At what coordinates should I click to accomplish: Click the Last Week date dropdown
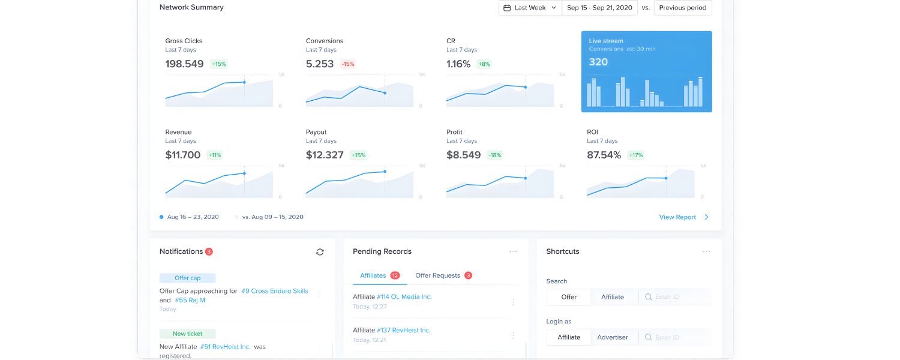coord(530,8)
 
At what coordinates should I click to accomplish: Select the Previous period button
coord(683,8)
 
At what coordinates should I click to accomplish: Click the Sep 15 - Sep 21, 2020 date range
coord(599,8)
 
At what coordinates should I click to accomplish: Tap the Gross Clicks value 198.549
coord(184,64)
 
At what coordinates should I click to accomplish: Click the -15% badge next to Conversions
coord(348,64)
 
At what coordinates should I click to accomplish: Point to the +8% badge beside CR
coord(484,64)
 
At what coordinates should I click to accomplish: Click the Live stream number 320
coord(598,62)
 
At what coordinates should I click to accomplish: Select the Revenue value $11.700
coord(183,155)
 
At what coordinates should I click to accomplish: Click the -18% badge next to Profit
coord(494,155)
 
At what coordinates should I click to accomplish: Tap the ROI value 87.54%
coord(604,155)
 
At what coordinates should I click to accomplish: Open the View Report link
coord(677,217)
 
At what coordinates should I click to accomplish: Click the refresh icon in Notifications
coord(320,252)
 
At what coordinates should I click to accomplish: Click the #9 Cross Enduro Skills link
coord(274,291)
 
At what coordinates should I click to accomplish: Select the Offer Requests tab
coord(437,275)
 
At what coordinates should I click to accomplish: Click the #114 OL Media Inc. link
coord(404,297)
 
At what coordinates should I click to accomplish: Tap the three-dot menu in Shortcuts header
coord(706,252)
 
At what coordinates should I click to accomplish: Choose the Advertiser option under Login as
coord(613,337)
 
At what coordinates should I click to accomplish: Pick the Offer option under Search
coord(569,297)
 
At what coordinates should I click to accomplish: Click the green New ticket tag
coord(187,334)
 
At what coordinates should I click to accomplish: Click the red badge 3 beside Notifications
coord(209,251)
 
